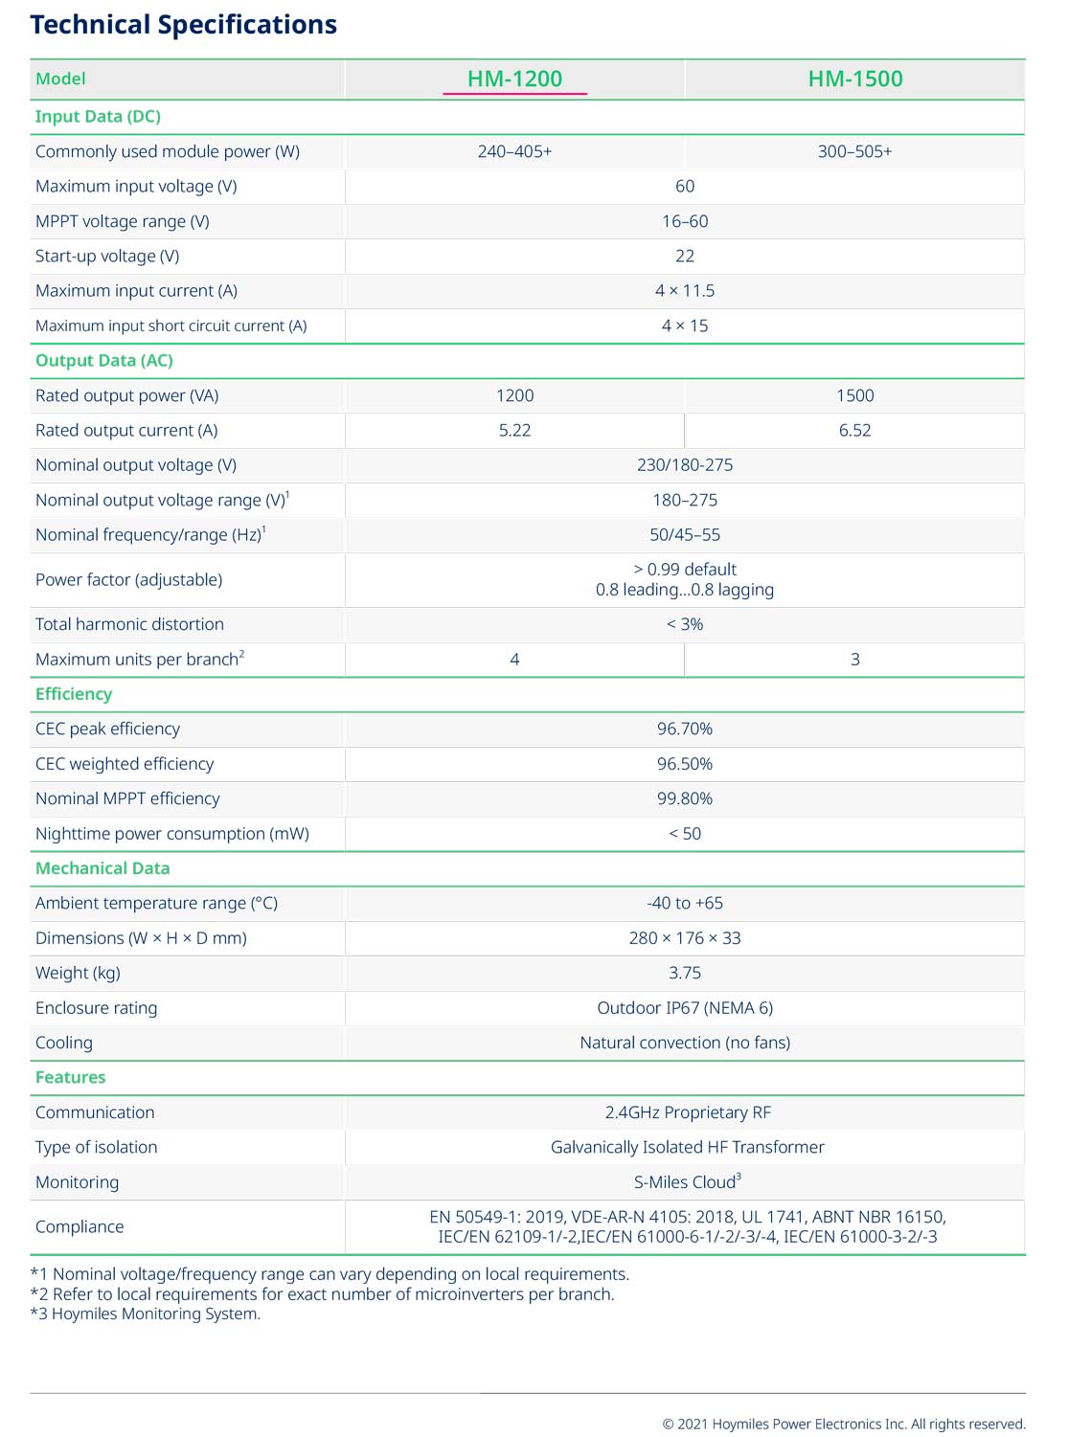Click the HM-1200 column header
[514, 79]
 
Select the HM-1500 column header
[854, 79]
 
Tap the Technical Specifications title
[183, 25]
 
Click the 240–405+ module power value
[514, 151]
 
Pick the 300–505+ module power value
[854, 151]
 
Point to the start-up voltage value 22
[684, 256]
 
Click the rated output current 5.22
[514, 430]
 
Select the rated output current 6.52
[854, 430]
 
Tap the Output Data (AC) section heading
[103, 361]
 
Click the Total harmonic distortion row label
[129, 624]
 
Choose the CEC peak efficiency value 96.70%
[684, 729]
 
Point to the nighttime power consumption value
[684, 834]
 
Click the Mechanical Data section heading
[102, 868]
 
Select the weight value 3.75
[684, 973]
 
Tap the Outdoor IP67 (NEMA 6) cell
[684, 1008]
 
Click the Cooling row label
[64, 1043]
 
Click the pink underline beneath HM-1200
[514, 94]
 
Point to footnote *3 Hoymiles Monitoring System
[146, 1314]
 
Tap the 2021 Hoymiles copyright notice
[843, 1424]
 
